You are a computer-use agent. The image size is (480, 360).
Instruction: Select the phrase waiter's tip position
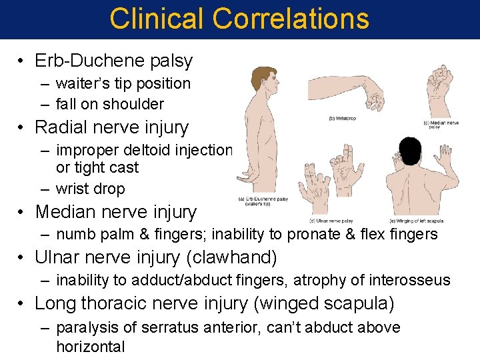123,83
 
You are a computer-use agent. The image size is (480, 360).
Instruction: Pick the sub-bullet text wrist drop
90,189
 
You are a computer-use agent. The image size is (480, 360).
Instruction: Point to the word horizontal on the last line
91,346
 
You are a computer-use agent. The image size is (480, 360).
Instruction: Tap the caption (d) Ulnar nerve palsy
331,221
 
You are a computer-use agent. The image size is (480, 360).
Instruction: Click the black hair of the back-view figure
409,152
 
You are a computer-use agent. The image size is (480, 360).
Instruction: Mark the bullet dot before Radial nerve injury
22,127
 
